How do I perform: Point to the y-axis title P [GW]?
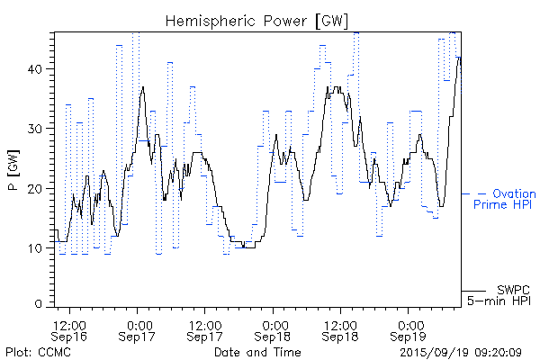(x=13, y=170)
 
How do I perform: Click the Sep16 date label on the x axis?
(x=69, y=337)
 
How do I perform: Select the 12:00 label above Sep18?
(x=341, y=324)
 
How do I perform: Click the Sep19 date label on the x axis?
(x=409, y=337)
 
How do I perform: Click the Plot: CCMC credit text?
(x=37, y=351)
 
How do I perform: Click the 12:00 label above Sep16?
(x=69, y=324)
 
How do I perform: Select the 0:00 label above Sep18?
(x=274, y=324)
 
